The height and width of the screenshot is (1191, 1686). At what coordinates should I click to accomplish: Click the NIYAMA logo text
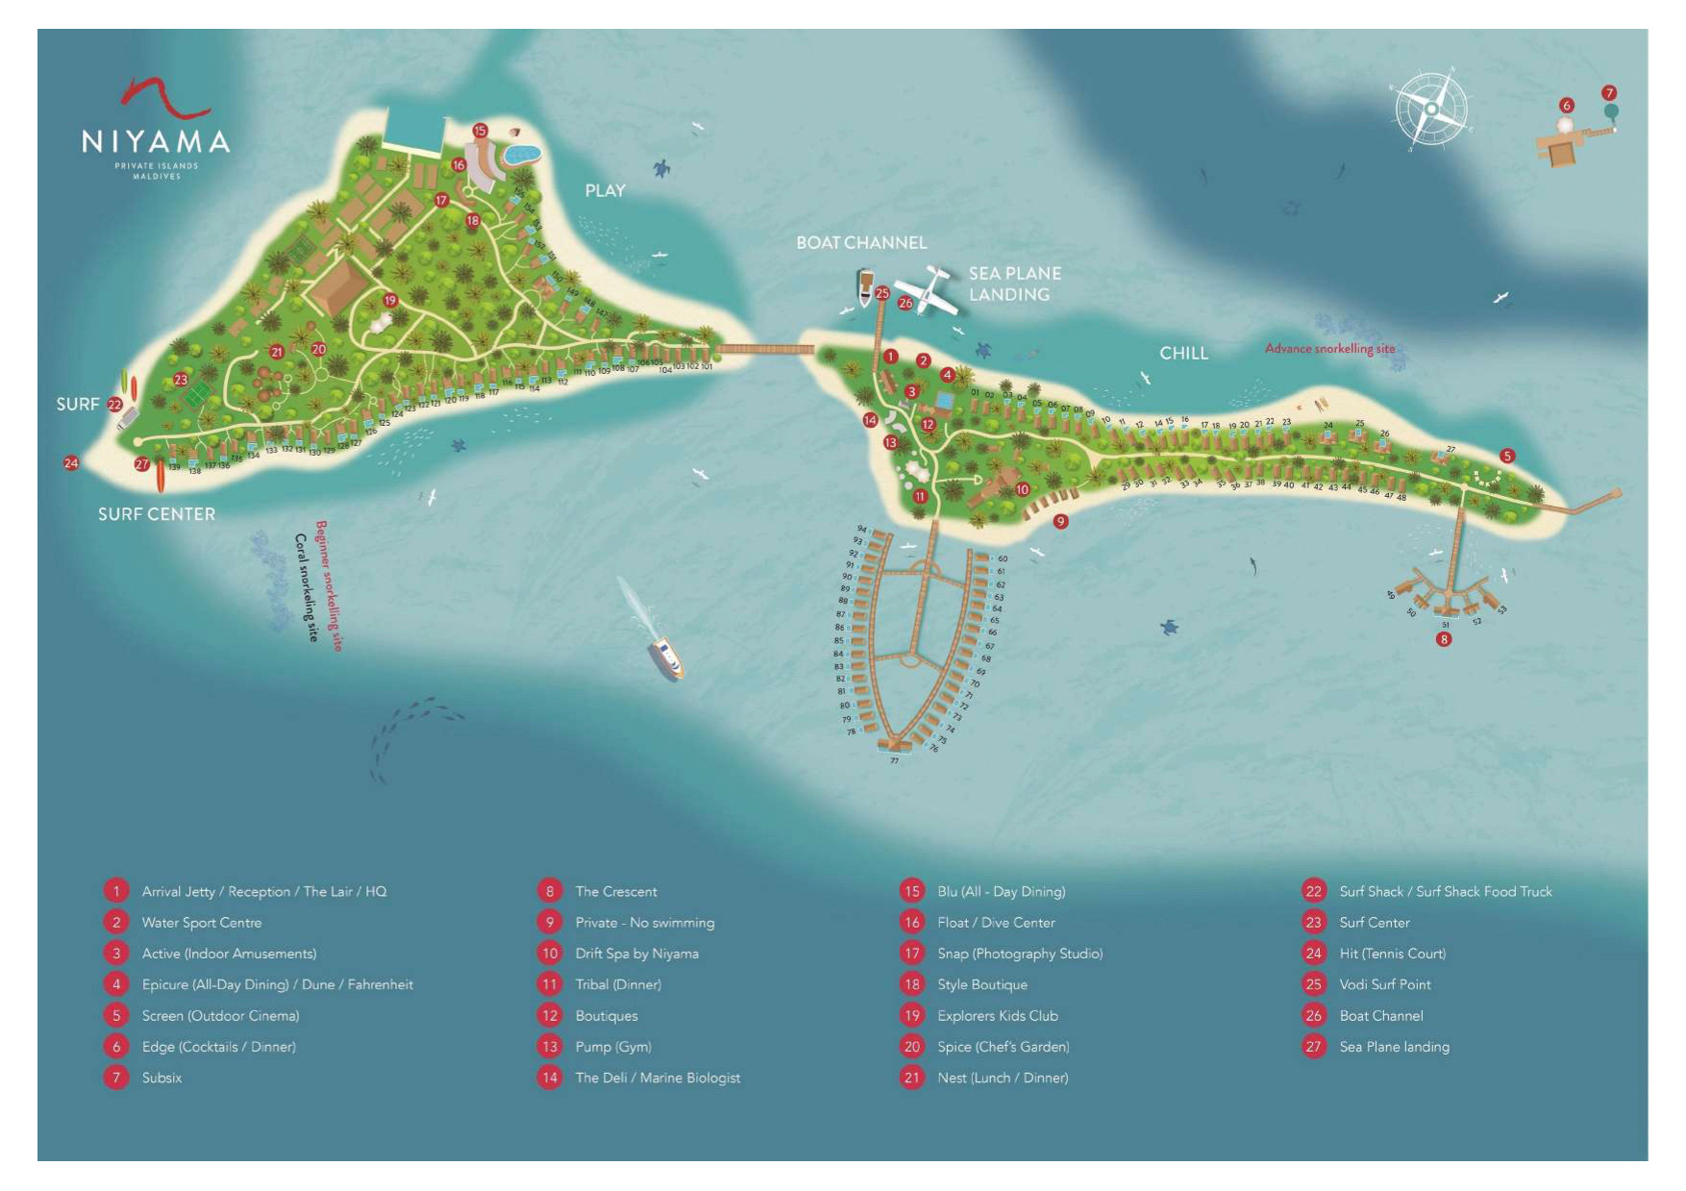coord(156,142)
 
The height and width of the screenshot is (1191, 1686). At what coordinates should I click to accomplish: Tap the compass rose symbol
coord(1431,109)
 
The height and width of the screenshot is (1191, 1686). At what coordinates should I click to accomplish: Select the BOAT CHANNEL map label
coord(861,243)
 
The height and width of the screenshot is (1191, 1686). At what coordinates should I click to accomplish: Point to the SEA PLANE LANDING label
coord(1014,284)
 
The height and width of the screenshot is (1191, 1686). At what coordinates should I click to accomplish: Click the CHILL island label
coord(1183,353)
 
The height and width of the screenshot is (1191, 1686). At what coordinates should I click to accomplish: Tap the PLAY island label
coord(605,190)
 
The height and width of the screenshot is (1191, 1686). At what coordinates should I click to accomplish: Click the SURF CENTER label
coord(157,514)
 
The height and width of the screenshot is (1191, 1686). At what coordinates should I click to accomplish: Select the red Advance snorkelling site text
coord(1329,348)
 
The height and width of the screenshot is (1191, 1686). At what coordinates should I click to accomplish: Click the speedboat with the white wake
coord(665,658)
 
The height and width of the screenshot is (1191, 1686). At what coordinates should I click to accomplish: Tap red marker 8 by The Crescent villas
coord(1443,638)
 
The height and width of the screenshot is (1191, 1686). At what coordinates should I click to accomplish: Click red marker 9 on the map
coord(1060,521)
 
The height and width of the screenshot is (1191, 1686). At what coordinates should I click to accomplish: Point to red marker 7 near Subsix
coord(1609,93)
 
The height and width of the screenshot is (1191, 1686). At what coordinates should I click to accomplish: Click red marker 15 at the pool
coord(480,130)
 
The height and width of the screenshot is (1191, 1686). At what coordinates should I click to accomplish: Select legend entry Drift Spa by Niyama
coord(636,954)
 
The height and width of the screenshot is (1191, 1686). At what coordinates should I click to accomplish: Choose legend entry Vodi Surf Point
coord(1384,984)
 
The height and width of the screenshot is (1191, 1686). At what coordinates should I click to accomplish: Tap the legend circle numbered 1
coord(116,891)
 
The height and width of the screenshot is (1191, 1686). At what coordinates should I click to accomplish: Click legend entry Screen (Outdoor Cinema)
coord(220,1016)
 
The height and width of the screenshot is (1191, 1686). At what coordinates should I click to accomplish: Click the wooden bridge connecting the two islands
coord(764,349)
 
